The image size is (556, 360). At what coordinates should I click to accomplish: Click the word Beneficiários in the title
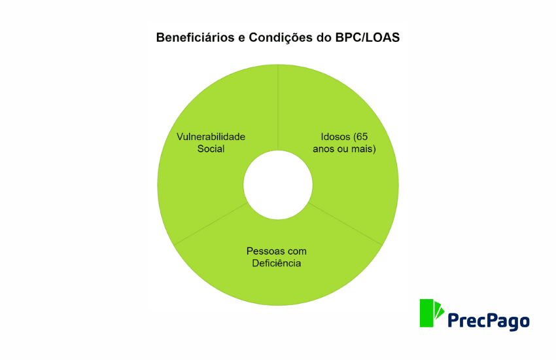(x=196, y=37)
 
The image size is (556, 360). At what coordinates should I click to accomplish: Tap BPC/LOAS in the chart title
(x=368, y=37)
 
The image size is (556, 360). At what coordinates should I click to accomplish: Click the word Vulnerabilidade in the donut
(x=211, y=137)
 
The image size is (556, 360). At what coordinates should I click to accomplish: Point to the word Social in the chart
(x=211, y=149)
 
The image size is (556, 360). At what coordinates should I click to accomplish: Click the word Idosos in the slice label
(x=336, y=137)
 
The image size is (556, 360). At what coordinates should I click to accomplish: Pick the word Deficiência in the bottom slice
(x=277, y=263)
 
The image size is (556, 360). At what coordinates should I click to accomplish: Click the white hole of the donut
(x=278, y=185)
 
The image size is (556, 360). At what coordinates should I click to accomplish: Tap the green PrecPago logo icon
(x=432, y=313)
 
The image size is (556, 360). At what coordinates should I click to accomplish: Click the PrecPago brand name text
(x=489, y=321)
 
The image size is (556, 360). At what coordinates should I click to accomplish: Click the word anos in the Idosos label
(x=323, y=149)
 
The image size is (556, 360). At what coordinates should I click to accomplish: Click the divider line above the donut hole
(x=278, y=107)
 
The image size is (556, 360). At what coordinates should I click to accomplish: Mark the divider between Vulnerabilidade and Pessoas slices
(x=211, y=223)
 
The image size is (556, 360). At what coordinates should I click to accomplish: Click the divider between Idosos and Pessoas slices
(x=345, y=223)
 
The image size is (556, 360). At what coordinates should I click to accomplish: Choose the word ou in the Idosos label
(x=343, y=149)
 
